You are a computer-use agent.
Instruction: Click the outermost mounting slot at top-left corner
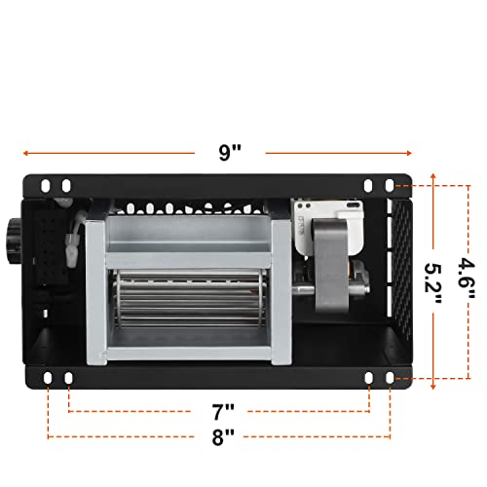pos(47,185)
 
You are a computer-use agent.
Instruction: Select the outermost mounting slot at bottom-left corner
pos(47,377)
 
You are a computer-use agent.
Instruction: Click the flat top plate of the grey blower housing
pos(190,231)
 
